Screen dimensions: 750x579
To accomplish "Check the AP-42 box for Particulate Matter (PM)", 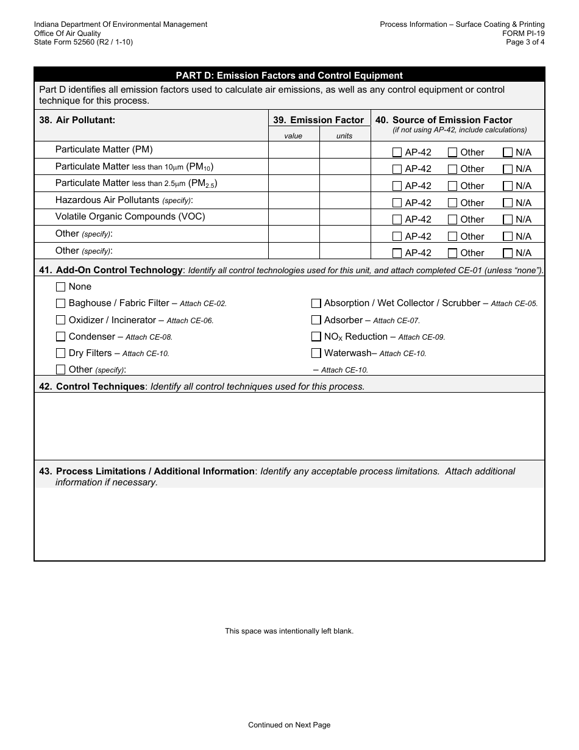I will click(397, 152).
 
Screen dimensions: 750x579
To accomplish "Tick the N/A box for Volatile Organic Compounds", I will click(507, 220).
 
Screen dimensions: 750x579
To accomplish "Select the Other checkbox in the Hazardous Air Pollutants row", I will click(452, 203).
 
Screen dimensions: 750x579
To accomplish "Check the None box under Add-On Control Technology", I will click(60, 287).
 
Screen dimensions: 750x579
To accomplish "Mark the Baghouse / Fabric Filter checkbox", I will click(60, 303).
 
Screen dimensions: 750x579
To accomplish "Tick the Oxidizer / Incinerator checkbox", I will click(60, 320).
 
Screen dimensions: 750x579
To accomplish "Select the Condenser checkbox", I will click(60, 336).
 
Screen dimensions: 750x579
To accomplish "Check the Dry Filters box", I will click(60, 352).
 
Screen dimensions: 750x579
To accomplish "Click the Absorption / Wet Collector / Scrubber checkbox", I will click(316, 303).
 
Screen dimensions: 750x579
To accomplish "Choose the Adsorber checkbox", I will click(316, 320).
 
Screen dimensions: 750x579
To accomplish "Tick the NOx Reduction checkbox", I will click(316, 336).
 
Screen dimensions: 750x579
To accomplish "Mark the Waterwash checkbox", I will click(316, 352).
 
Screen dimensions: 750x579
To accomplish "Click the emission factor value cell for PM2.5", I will click(294, 184).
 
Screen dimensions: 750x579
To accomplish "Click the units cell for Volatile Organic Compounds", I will click(345, 217).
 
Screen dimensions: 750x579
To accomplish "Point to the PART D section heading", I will click(289, 76).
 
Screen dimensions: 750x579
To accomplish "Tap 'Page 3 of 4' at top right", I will click(525, 42).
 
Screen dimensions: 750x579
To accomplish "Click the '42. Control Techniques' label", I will click(101, 387).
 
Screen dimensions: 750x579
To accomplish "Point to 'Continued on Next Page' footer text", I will click(289, 725).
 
